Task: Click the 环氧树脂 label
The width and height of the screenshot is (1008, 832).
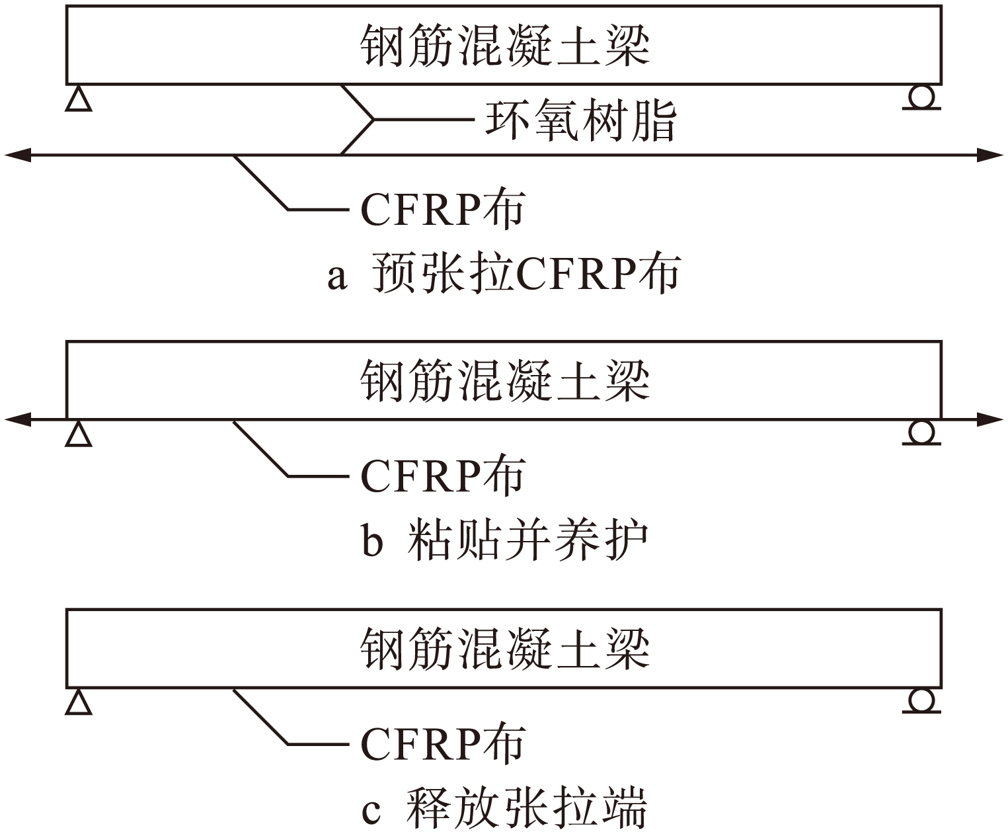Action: tap(580, 120)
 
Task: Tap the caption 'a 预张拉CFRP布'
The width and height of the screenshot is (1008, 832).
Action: tap(504, 273)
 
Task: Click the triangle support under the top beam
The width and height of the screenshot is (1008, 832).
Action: tap(79, 99)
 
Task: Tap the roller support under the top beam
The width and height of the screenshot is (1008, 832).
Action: tap(921, 97)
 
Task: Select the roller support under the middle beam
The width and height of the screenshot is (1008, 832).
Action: tap(921, 433)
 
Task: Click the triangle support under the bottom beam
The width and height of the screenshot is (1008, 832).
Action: tap(79, 702)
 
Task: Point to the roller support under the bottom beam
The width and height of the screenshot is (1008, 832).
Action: tap(921, 700)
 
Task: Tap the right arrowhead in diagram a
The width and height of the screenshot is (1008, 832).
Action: tap(991, 155)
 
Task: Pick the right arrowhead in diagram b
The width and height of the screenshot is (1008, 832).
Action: tap(991, 419)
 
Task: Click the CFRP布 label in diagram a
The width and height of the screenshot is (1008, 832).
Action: tap(442, 210)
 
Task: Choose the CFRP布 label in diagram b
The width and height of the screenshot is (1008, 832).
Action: tap(442, 476)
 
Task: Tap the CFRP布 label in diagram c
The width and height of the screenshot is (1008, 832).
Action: tap(442, 743)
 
